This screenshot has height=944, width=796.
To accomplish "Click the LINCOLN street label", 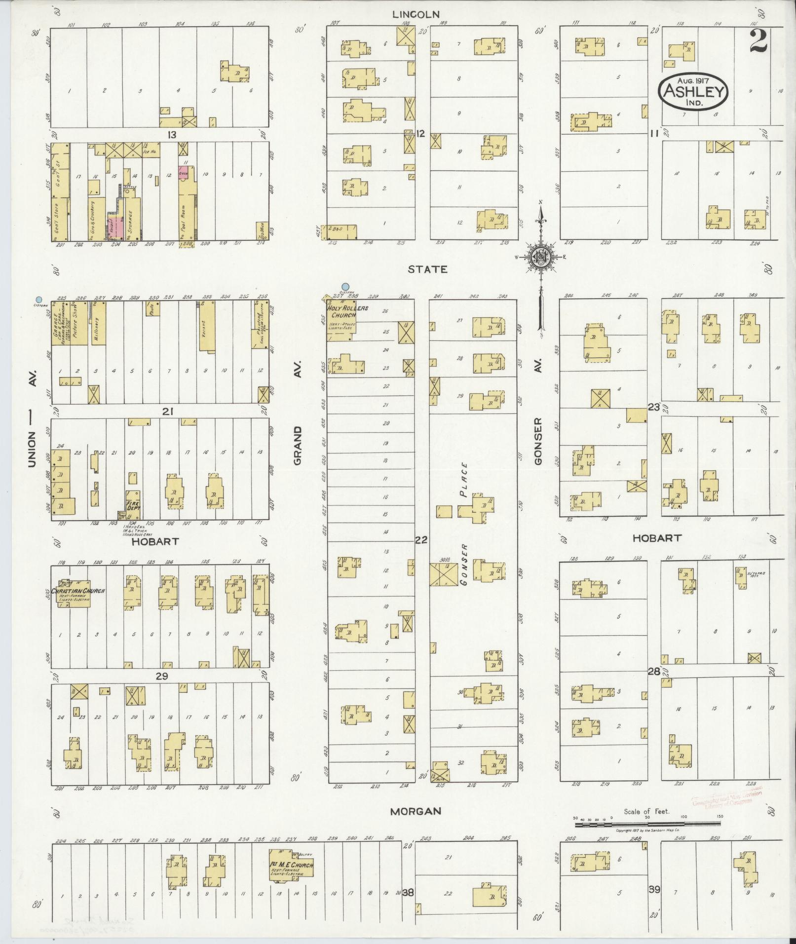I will click(x=416, y=14).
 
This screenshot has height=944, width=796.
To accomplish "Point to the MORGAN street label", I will click(x=415, y=811).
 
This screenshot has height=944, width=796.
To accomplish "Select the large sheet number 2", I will click(x=758, y=41).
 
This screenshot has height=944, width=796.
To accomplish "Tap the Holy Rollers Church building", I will click(x=341, y=319).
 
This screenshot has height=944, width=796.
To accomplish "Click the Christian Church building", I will click(x=74, y=593).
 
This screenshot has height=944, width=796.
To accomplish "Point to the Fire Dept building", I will click(x=133, y=503).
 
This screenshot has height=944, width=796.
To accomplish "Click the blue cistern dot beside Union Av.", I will click(x=38, y=299).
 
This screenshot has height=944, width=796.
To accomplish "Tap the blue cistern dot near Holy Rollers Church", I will click(x=345, y=286).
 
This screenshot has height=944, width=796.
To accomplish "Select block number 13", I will click(x=171, y=134).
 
